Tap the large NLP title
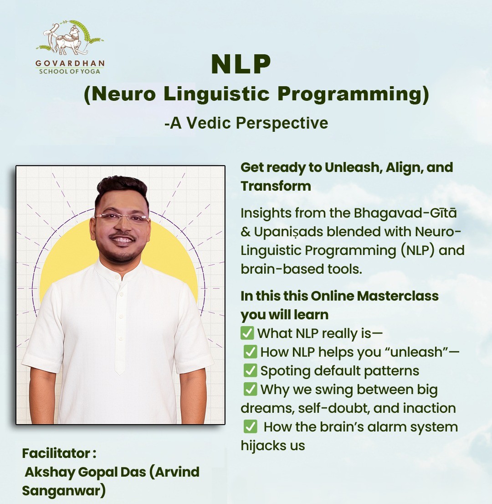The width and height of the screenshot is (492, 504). tap(241, 64)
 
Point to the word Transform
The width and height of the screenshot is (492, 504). tap(276, 186)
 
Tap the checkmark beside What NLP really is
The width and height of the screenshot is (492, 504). tap(247, 333)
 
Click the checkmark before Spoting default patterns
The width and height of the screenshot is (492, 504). tap(250, 370)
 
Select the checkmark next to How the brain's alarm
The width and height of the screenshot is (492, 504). tap(250, 427)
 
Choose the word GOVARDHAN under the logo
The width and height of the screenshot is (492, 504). tap(70, 63)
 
